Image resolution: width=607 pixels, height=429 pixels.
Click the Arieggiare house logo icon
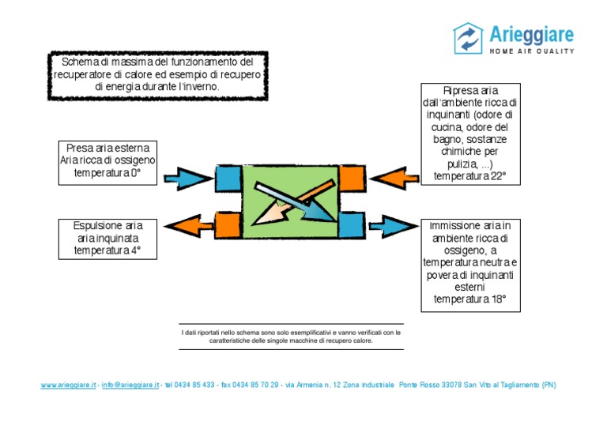pos(468,38)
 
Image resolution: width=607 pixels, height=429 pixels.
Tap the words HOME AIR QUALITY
pos(532,51)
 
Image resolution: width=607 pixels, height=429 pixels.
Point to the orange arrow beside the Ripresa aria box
pos(393,176)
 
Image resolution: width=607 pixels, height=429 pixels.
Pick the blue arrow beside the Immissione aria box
pos(392,227)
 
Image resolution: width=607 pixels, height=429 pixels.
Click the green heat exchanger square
pos(290,201)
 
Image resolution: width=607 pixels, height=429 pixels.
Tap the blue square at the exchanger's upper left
pos(228,178)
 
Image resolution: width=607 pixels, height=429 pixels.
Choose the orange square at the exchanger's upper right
pos(352,179)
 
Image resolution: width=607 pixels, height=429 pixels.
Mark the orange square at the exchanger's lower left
pos(228,225)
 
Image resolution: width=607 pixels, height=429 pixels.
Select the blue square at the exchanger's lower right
pos(352,225)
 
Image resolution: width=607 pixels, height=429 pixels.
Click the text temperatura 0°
pos(107,173)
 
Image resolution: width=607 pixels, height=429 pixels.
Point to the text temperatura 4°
pos(107,250)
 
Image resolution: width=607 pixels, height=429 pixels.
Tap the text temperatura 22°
pos(470,176)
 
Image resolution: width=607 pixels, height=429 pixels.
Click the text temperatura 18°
pos(470,299)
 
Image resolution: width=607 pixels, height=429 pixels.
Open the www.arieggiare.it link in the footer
pos(69,386)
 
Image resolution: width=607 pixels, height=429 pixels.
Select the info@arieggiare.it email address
pos(130,386)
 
